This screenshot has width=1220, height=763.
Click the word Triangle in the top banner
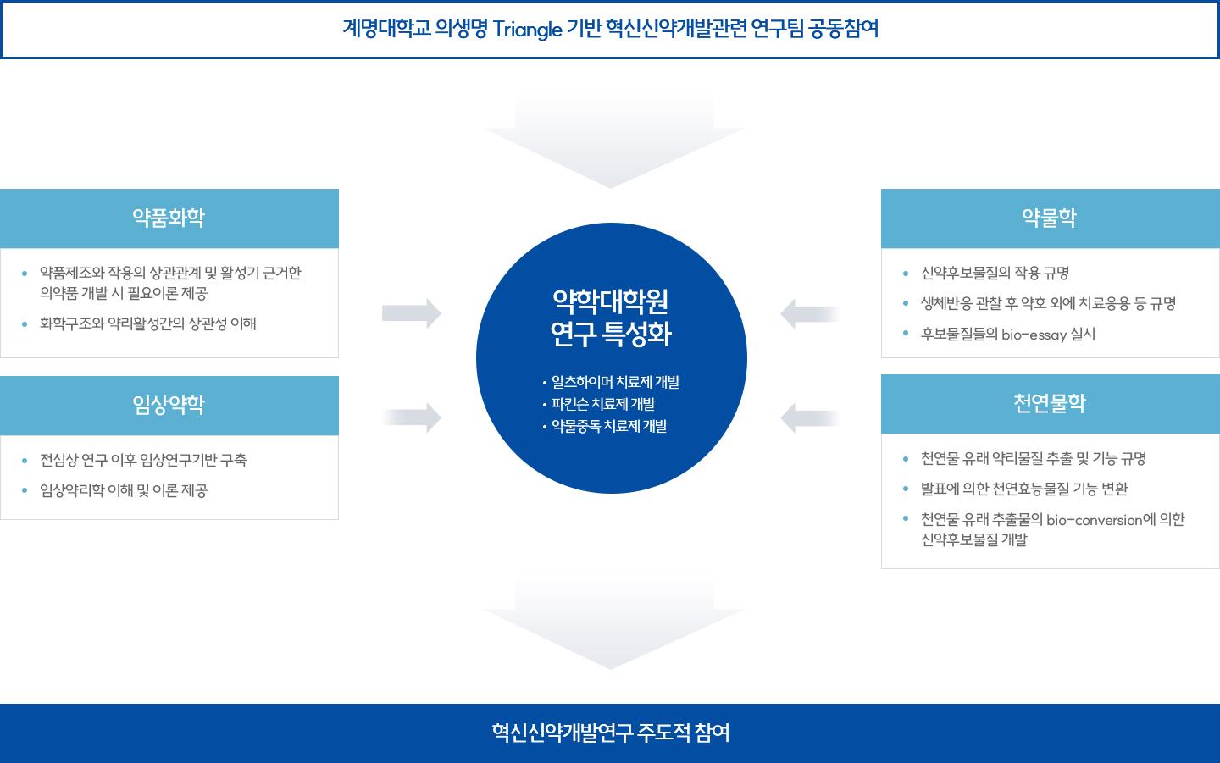coord(527,30)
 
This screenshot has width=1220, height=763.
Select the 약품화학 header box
coord(169,218)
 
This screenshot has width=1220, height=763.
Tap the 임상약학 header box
coord(169,406)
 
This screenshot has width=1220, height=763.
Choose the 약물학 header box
coord(1050,218)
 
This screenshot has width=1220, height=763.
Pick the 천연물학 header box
coord(1050,404)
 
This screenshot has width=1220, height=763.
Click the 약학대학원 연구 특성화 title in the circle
coord(611,318)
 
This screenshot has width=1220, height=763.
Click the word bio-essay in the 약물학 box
coord(1034,335)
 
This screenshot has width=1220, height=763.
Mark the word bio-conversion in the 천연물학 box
coord(1095,520)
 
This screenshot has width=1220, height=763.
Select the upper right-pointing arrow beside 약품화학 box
coord(412,313)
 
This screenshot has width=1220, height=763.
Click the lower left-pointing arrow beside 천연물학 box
coord(810,417)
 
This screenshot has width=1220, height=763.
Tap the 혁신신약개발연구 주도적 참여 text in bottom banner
coord(610,733)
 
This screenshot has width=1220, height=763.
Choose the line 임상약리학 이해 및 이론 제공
coord(124,491)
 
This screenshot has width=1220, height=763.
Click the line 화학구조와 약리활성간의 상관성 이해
coord(148,323)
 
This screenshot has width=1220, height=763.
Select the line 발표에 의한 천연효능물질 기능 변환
coord(1024,489)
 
